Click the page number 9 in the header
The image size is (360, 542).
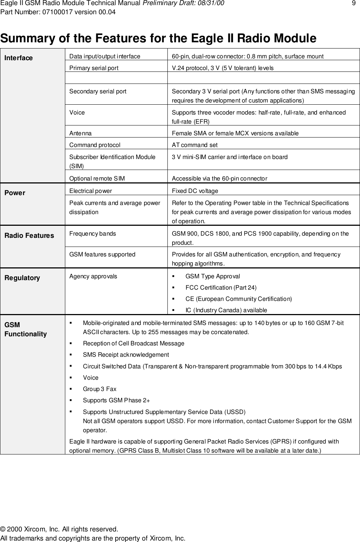point(353,4)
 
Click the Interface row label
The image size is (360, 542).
point(19,58)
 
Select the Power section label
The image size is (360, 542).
point(15,193)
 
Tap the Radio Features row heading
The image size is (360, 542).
point(29,236)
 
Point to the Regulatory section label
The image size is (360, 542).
point(22,278)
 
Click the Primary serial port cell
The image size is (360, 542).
point(94,68)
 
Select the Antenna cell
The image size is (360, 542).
point(81,133)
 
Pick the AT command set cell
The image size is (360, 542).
point(195,145)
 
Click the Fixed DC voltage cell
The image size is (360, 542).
point(195,191)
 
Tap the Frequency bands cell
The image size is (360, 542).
point(93,233)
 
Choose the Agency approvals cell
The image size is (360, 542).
point(93,276)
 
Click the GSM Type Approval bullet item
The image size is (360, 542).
point(213,276)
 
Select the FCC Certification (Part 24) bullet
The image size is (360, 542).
point(221,287)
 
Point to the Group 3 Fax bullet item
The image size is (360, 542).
point(100,389)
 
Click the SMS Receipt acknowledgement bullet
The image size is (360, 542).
point(126,355)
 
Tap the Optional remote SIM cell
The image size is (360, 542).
point(97,179)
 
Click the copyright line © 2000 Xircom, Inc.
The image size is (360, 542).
point(59,529)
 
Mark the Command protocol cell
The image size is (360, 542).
point(95,145)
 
